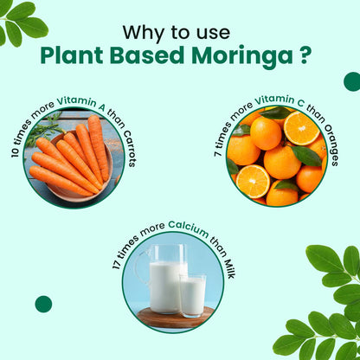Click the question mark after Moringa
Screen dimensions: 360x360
click(306, 57)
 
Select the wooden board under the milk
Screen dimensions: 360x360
click(173, 318)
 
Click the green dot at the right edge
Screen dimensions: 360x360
click(351, 81)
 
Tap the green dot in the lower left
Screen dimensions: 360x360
click(43, 304)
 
